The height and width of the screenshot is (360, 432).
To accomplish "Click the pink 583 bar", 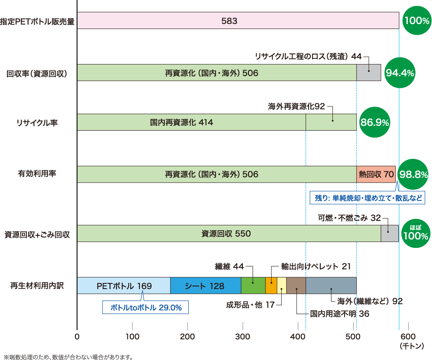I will pos(238,21).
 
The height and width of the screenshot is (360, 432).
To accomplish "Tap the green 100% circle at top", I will pos(416,20).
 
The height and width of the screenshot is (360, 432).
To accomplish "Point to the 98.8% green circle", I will pos(413,174).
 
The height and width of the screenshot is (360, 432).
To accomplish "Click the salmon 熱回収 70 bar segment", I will pos(376,174).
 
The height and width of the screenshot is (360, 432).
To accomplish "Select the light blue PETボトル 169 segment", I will pos(124,286).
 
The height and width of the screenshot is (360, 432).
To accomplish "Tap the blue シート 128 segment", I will pos(205,286).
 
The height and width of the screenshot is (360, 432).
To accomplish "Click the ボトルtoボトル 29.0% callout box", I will pos(145,308).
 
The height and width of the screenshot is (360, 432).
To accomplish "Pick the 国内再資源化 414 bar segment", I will pos(191,122).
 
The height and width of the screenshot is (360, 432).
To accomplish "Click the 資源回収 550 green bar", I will pos(229,234).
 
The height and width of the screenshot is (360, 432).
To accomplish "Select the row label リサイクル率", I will pos(37,123).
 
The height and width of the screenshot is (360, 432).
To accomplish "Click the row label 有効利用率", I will pos(37,174).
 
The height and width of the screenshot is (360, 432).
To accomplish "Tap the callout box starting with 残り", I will pos(368,198).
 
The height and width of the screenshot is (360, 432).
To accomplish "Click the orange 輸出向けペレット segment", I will pos(271,286).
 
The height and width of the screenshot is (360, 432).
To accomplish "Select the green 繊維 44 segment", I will pos(253,286).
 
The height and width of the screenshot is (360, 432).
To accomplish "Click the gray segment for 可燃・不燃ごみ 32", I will pos(389,234).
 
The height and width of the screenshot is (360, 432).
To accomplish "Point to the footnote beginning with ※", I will pos(68,357).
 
